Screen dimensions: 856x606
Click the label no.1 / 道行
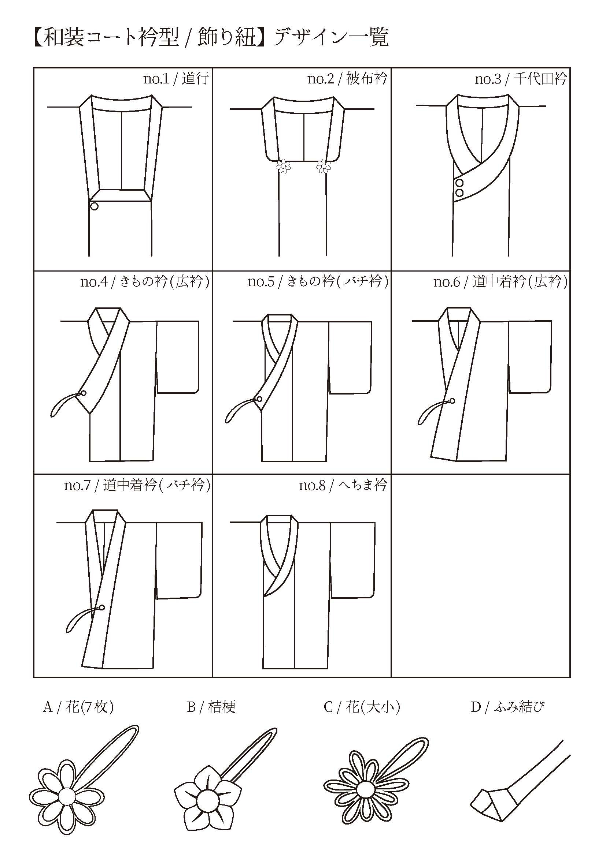[x=176, y=79]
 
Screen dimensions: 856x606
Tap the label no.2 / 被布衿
[x=347, y=79]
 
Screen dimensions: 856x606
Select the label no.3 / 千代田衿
[x=521, y=79]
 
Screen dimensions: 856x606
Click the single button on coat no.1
[x=95, y=206]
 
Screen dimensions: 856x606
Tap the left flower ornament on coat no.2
[x=284, y=166]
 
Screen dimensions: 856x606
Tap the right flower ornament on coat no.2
[x=323, y=166]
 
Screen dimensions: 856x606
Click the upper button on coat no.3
[x=460, y=183]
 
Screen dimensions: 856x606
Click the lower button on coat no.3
[x=460, y=192]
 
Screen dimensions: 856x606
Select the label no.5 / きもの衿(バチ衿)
[x=318, y=282]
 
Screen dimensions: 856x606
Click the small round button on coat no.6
[x=452, y=401]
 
